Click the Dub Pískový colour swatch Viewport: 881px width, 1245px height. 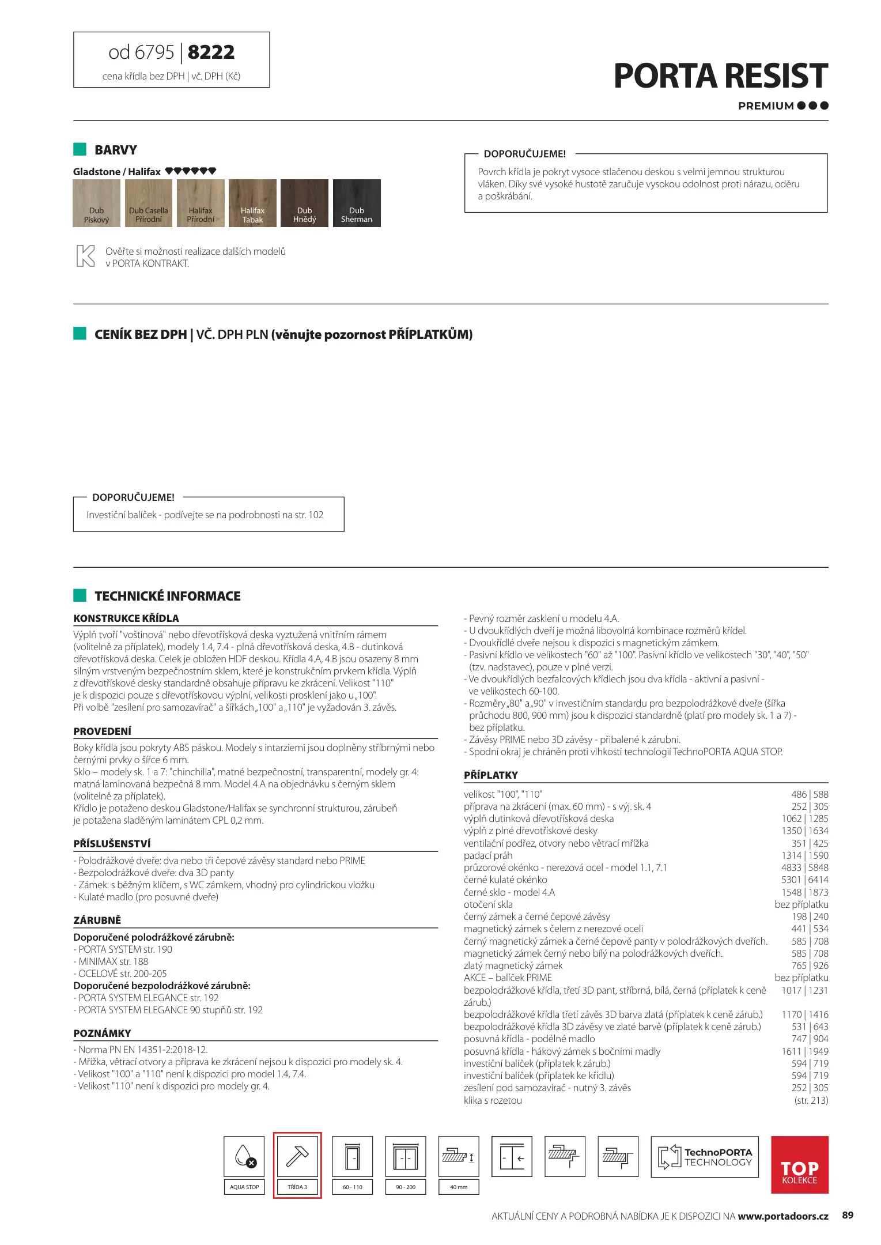tap(96, 203)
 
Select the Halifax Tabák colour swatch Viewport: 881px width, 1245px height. tap(252, 203)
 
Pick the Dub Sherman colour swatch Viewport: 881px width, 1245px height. tap(357, 203)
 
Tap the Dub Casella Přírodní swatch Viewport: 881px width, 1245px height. tap(149, 203)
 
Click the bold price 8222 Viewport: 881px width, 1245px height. tap(211, 52)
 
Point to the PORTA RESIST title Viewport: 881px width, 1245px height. tap(720, 76)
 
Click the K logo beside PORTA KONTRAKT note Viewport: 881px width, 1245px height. tap(85, 256)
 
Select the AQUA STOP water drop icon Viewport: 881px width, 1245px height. tap(244, 1156)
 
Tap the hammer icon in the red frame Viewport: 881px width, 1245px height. tap(297, 1156)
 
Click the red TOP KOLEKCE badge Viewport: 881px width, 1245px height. tap(799, 1165)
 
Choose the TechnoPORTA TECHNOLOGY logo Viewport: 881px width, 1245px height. tap(705, 1156)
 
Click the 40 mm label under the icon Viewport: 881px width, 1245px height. tap(459, 1187)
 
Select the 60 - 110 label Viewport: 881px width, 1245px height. tap(353, 1187)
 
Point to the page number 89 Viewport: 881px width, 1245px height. tap(848, 1215)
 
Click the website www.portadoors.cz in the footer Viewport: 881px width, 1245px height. tap(782, 1216)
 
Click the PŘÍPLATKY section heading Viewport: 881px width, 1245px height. tap(491, 775)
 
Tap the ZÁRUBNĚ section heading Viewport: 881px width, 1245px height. tap(97, 920)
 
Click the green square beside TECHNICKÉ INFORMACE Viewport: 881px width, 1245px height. tap(80, 595)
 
